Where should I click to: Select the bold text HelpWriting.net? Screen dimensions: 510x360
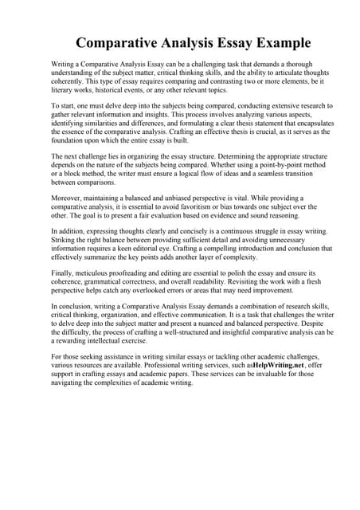pyautogui.click(x=280, y=364)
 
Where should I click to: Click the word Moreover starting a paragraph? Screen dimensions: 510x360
pyautogui.click(x=66, y=193)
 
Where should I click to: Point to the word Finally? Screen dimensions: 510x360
pyautogui.click(x=61, y=272)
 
